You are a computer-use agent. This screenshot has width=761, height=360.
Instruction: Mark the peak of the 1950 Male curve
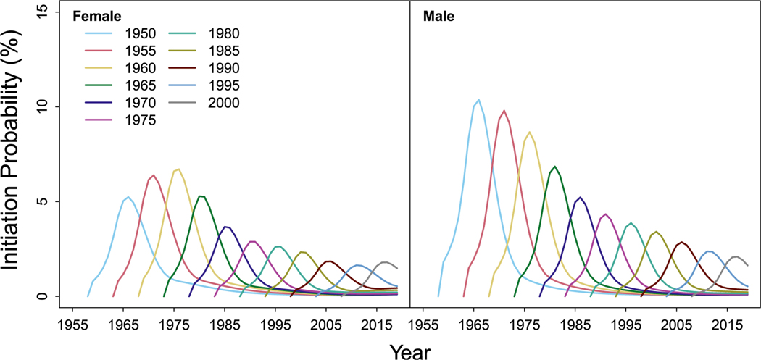coord(478,100)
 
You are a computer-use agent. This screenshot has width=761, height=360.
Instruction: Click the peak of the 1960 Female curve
coord(178,169)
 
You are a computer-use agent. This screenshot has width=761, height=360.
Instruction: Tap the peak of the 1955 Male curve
coord(504,111)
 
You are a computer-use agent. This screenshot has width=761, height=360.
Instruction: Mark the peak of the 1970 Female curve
coord(226,227)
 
